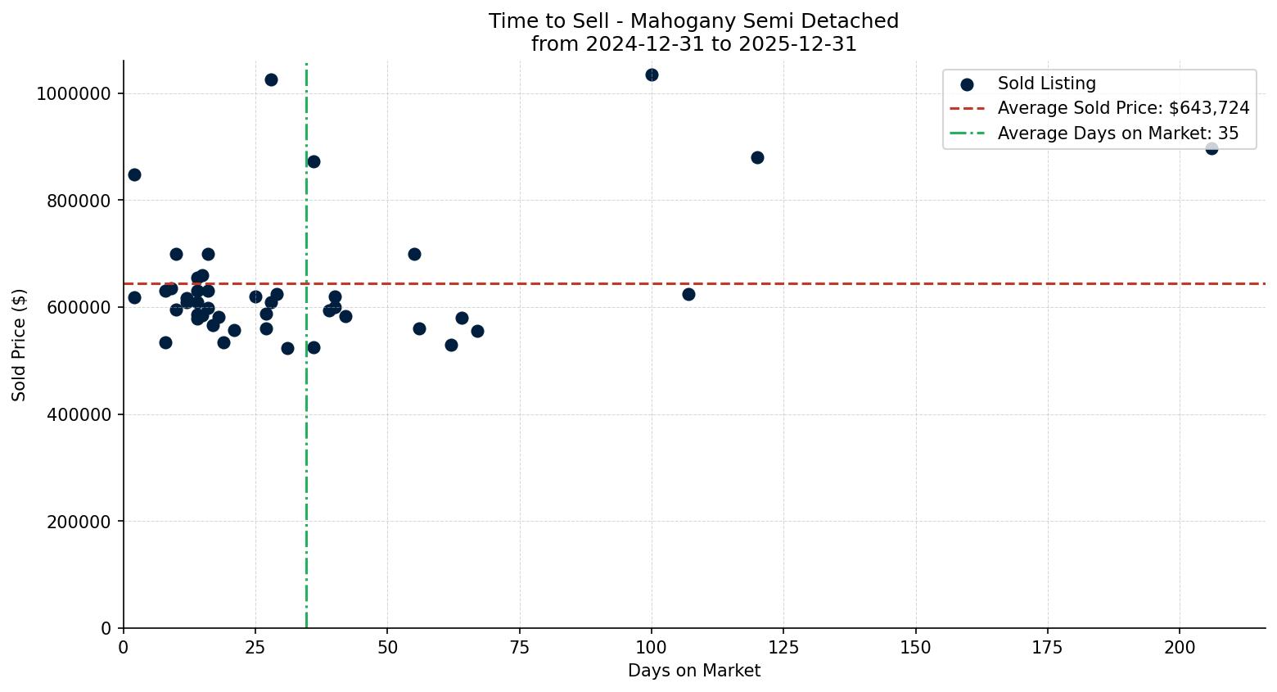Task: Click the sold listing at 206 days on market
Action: click(x=1212, y=148)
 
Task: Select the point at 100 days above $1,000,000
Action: click(x=652, y=75)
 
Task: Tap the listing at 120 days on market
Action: click(x=757, y=157)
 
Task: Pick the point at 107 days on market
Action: click(x=688, y=294)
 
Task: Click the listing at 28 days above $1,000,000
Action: click(x=271, y=79)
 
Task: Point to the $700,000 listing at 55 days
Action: click(x=414, y=254)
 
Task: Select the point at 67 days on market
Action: click(x=477, y=331)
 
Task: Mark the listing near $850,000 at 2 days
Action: click(x=134, y=174)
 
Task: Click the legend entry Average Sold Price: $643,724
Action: click(x=1123, y=108)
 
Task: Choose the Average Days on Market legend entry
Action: click(x=1117, y=133)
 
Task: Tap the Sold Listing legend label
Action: click(x=1046, y=84)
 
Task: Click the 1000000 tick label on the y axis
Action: click(x=74, y=93)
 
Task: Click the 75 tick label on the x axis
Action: click(x=519, y=648)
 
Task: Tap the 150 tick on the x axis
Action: click(x=915, y=648)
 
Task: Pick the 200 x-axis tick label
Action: click(x=1180, y=648)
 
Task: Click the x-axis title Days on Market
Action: click(x=694, y=671)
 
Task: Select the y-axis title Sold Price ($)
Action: click(x=19, y=345)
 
